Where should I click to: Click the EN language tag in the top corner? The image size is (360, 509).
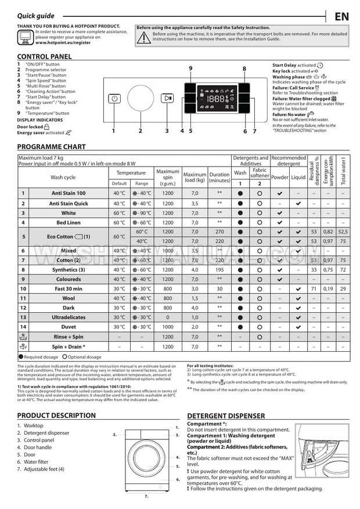(341, 16)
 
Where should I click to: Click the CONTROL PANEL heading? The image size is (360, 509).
(45, 56)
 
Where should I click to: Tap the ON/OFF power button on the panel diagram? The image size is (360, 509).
(114, 99)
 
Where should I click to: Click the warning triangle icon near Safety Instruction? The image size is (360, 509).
(143, 37)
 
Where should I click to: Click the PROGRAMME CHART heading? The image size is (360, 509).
(51, 147)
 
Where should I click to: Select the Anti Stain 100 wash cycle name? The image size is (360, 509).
(69, 193)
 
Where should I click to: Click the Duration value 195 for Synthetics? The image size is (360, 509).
(219, 270)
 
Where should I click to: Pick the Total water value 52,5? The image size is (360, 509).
(343, 232)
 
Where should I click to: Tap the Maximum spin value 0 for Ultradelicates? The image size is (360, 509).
(168, 317)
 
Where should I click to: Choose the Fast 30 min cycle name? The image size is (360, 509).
(69, 288)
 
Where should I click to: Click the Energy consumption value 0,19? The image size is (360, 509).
(328, 288)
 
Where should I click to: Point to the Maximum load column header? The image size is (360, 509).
(195, 176)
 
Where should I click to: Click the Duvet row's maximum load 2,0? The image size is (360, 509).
(195, 327)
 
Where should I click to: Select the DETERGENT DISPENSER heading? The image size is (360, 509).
(226, 416)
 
